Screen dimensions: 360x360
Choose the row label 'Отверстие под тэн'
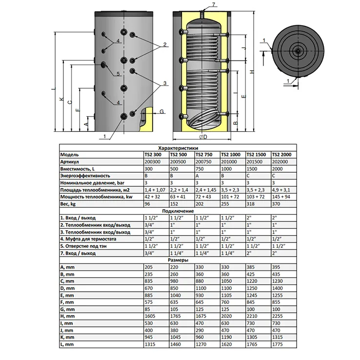click(83, 246)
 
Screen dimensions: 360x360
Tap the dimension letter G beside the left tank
click(161, 112)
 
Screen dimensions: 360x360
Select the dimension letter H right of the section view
click(252, 72)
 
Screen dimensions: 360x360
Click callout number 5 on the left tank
click(118, 74)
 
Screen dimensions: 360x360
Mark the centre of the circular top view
click(296, 51)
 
